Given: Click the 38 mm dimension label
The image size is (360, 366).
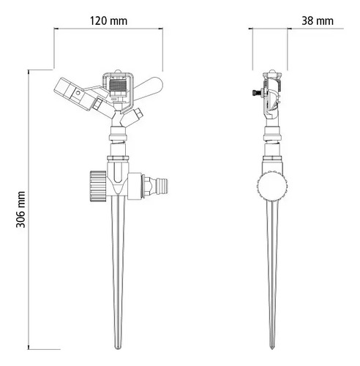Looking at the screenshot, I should click(x=317, y=20).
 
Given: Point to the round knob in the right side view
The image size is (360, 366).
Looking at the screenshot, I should click(x=272, y=189).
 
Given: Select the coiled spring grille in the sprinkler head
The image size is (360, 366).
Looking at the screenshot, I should click(x=119, y=86).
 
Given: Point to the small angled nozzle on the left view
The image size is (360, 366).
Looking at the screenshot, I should click(x=139, y=116).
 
